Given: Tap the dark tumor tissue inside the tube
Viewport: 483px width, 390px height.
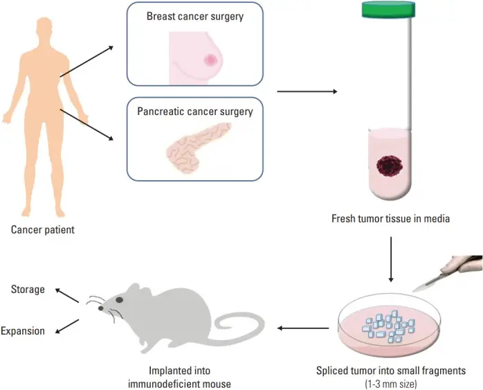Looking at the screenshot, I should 390,166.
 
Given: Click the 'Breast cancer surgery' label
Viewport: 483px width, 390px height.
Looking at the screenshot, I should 194,17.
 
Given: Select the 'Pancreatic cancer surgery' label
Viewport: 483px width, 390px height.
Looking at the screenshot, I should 194,111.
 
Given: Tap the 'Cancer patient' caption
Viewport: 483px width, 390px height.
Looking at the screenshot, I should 43,229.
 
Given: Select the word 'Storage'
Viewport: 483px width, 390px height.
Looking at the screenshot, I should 28,290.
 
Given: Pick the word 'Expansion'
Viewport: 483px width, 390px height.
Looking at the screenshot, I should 23,330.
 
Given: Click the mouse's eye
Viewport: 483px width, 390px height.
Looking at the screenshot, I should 118,299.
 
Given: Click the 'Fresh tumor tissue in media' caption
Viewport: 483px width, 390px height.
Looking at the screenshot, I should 391,220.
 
